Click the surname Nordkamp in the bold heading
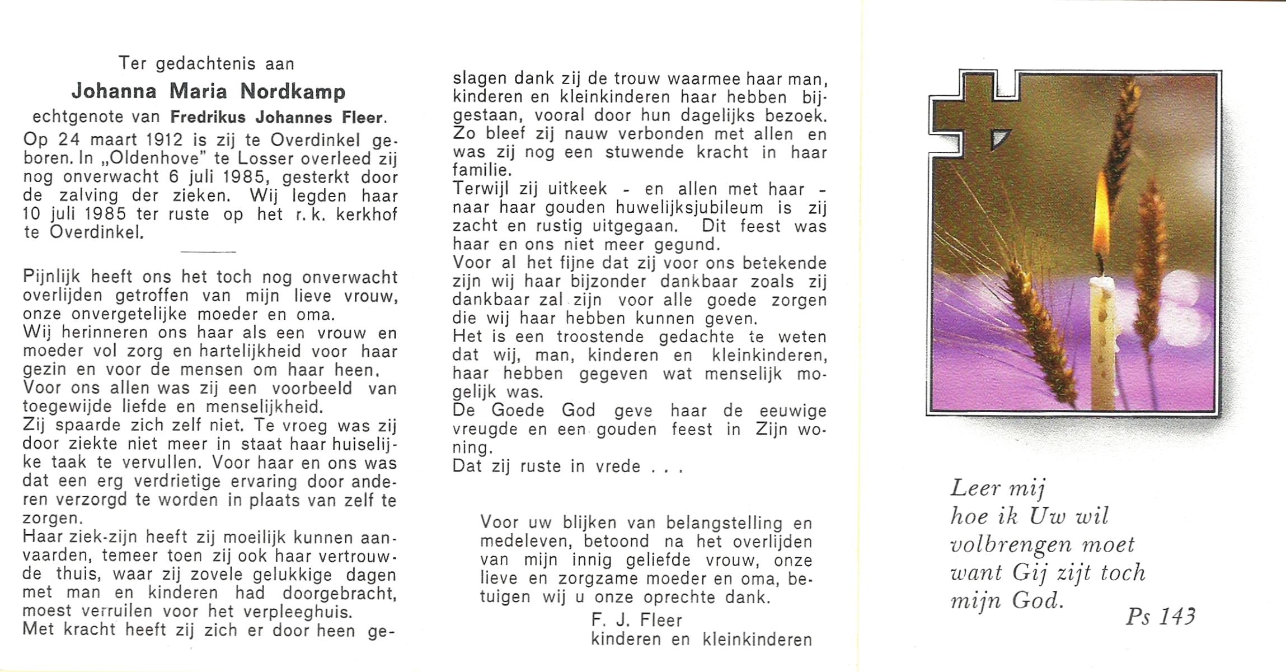point(293,92)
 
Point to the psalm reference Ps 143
point(1161,617)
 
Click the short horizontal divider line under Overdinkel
point(208,251)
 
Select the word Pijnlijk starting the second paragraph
point(52,277)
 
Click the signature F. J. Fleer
point(636,620)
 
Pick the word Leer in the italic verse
point(975,488)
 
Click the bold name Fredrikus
point(209,118)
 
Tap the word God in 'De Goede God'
point(578,410)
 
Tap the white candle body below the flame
point(1102,342)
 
